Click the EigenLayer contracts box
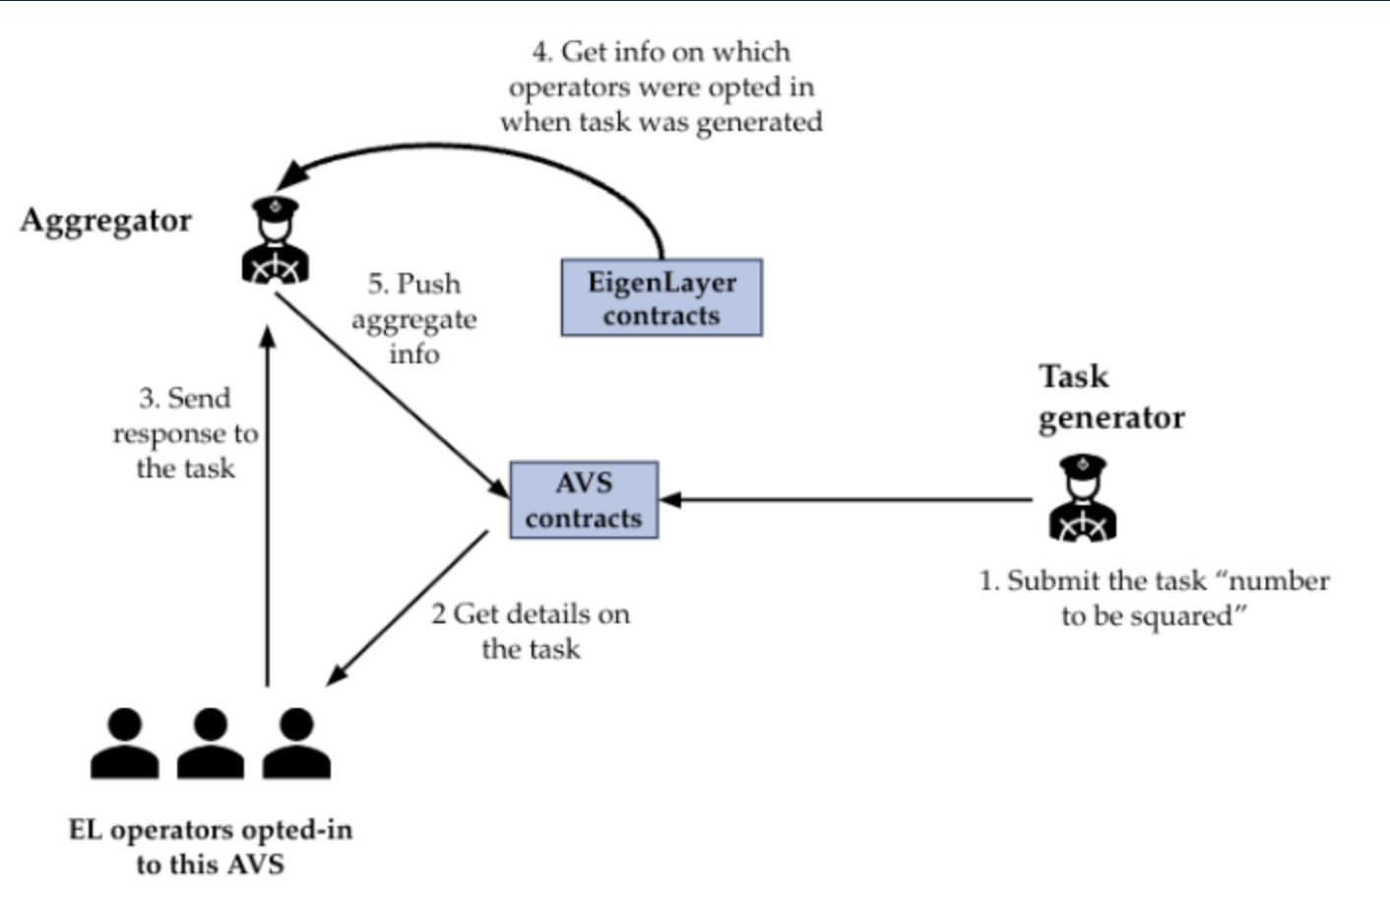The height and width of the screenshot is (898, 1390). (x=662, y=297)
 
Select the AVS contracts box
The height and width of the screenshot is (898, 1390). (x=584, y=500)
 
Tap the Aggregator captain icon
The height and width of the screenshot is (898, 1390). (x=276, y=242)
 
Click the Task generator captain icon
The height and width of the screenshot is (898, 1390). (x=1083, y=498)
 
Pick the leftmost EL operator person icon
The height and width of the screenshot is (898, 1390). (x=124, y=744)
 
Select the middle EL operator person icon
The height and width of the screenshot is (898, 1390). (x=210, y=744)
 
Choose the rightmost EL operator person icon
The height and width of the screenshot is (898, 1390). (x=295, y=744)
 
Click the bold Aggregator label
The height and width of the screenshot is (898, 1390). (x=106, y=221)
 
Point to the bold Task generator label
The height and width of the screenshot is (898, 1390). (x=1110, y=397)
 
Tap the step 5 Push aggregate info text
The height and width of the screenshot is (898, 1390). (x=414, y=319)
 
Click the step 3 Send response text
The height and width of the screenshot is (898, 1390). (x=185, y=433)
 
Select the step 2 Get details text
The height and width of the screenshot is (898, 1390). (x=531, y=631)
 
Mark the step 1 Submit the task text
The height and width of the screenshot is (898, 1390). (x=1154, y=598)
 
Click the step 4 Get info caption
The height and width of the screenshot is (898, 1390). (x=661, y=87)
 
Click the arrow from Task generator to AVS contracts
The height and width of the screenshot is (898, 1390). (x=847, y=500)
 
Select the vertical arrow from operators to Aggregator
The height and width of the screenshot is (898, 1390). (x=267, y=512)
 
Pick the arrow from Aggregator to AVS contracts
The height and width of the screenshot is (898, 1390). (x=389, y=394)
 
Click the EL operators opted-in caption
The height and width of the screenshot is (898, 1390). (x=210, y=847)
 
